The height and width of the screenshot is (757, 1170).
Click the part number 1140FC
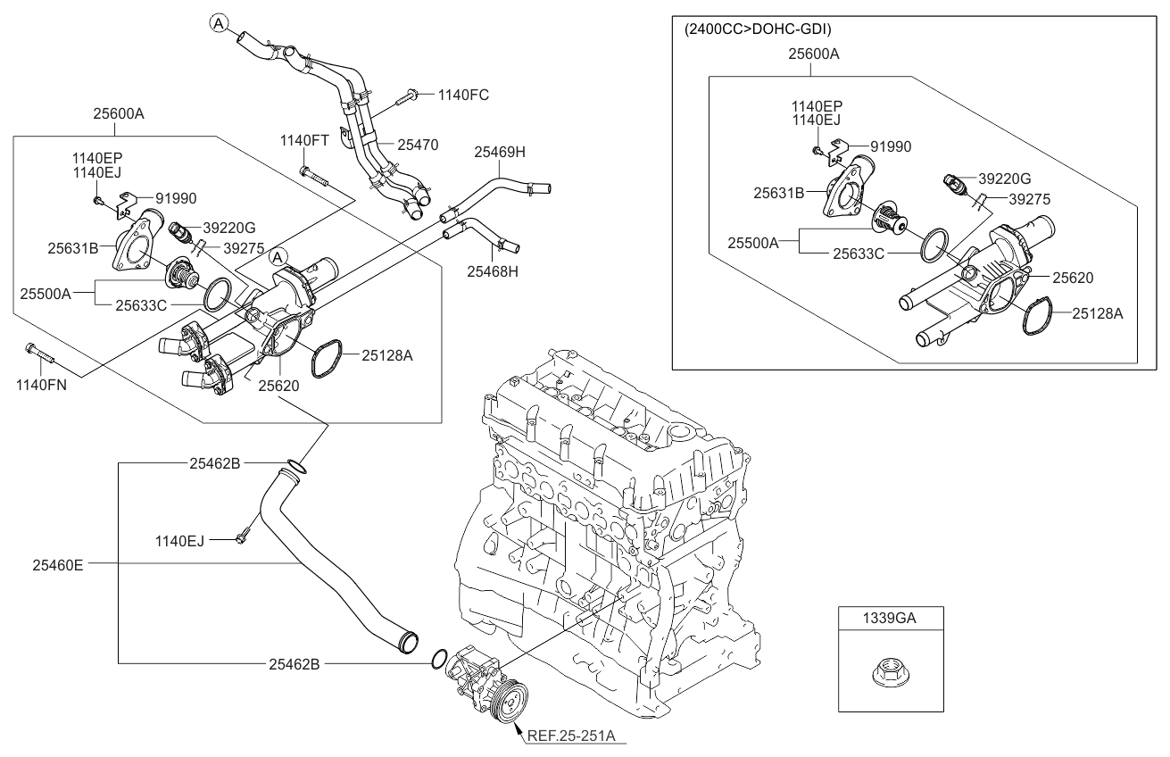pos(464,94)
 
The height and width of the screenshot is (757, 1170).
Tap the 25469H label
pos(499,153)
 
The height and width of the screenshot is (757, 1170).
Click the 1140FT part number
pos(304,140)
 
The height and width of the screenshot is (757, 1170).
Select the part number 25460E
pos(58,563)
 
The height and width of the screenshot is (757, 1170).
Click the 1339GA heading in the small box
pos(891,617)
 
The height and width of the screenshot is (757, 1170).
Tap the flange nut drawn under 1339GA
pos(891,673)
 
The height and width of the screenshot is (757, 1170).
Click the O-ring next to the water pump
pos(438,660)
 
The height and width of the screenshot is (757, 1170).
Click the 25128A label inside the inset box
pos(1097,313)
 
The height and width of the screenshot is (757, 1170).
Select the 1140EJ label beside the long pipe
pos(179,540)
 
